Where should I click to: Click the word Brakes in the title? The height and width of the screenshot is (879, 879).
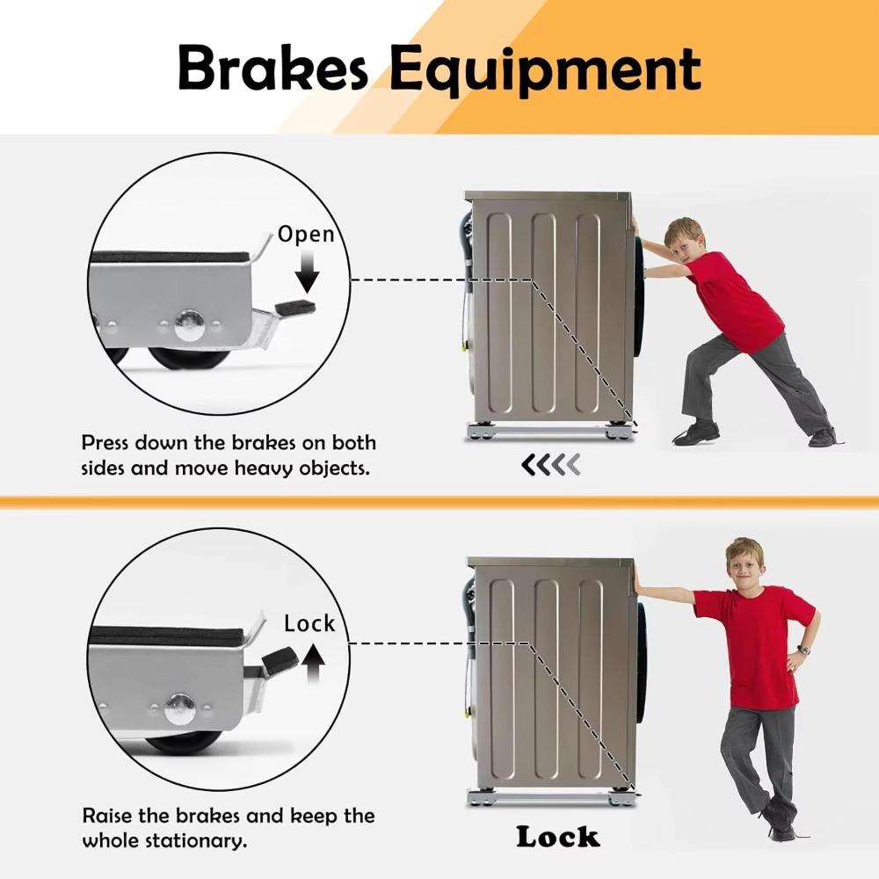click(272, 69)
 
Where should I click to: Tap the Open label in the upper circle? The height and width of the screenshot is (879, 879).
click(306, 234)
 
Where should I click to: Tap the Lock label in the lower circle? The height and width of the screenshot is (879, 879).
click(309, 623)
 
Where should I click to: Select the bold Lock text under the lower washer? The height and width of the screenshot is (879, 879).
click(557, 836)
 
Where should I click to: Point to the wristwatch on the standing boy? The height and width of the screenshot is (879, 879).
click(803, 650)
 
